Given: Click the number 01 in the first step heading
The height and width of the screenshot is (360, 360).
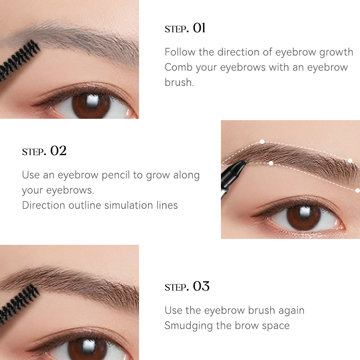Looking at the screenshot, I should pyautogui.click(x=199, y=28).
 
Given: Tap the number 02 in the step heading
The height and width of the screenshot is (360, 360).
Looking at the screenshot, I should pyautogui.click(x=58, y=151).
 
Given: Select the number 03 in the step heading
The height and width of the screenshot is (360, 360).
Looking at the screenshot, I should pyautogui.click(x=201, y=286).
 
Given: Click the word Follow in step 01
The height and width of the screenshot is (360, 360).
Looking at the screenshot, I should pyautogui.click(x=180, y=52).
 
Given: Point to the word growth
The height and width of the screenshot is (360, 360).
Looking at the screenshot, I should pyautogui.click(x=336, y=52).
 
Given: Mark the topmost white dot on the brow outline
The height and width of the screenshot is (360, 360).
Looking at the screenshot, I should pyautogui.click(x=262, y=142).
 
